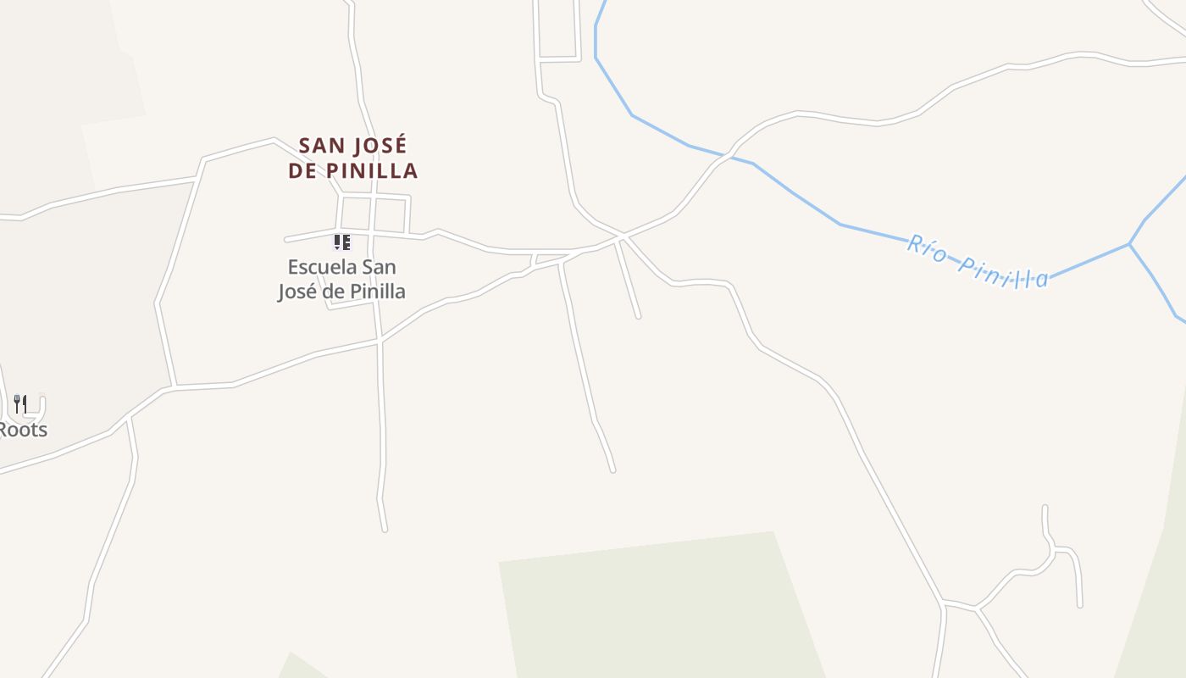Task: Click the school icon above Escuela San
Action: (342, 243)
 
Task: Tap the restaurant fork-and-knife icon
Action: (21, 404)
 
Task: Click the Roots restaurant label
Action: (23, 430)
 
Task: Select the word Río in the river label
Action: (927, 248)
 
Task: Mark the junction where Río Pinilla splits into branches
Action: (1129, 244)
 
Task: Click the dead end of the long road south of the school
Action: (385, 530)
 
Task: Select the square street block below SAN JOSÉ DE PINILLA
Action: (391, 214)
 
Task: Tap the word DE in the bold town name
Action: (302, 170)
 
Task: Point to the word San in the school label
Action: (379, 267)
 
